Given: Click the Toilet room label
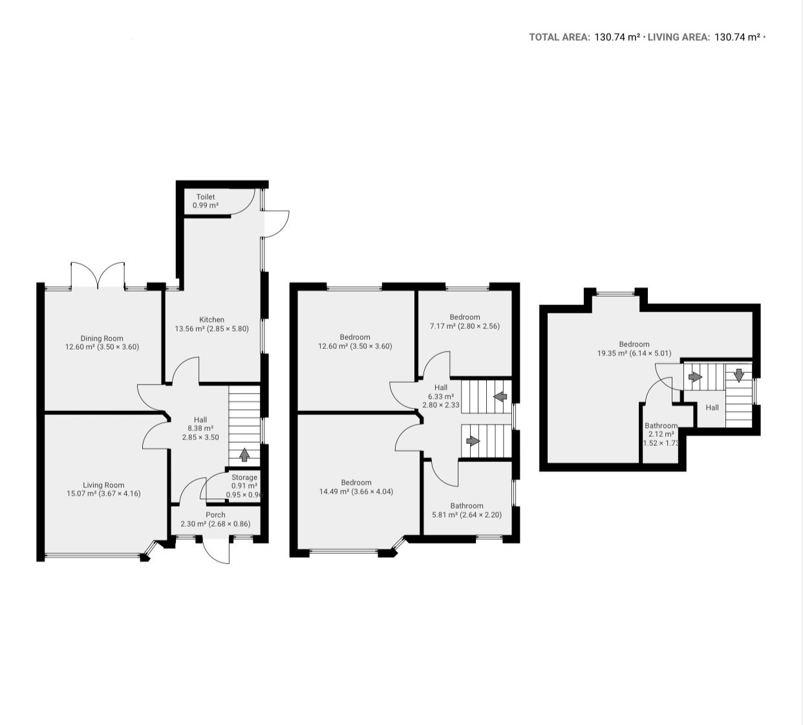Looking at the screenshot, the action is pyautogui.click(x=206, y=197).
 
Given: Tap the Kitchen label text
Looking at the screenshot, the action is pyautogui.click(x=212, y=320).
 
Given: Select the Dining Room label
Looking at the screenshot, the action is pyautogui.click(x=102, y=339).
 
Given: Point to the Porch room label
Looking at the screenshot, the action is pyautogui.click(x=215, y=515).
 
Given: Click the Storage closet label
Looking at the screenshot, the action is pyautogui.click(x=244, y=478).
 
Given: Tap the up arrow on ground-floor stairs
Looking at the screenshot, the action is pyautogui.click(x=244, y=455).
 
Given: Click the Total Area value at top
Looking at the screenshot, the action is pyautogui.click(x=617, y=37).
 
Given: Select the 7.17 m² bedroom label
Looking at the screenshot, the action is pyautogui.click(x=465, y=317).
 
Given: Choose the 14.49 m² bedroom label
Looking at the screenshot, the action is pyautogui.click(x=356, y=483).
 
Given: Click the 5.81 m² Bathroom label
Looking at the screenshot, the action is pyautogui.click(x=467, y=506).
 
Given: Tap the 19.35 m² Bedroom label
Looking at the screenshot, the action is pyautogui.click(x=634, y=344).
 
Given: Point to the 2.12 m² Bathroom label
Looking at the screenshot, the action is pyautogui.click(x=661, y=426).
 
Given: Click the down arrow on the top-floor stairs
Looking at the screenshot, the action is pyautogui.click(x=738, y=375).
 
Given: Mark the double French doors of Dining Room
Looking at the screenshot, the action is pyautogui.click(x=98, y=275).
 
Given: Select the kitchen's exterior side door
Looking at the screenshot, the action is pyautogui.click(x=276, y=224).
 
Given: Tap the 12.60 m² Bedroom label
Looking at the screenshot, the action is pyautogui.click(x=355, y=337).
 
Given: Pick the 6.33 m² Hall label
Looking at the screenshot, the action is pyautogui.click(x=441, y=388).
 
